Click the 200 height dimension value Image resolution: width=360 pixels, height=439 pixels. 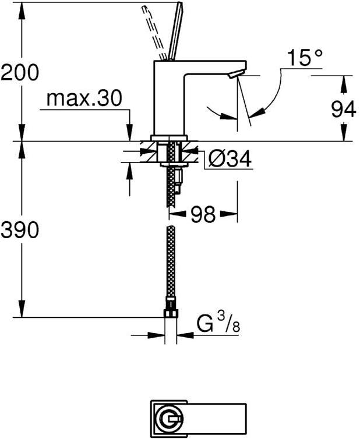tap(20, 72)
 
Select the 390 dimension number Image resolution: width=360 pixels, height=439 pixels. tap(20, 231)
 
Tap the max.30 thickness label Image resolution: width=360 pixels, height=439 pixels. tap(84, 98)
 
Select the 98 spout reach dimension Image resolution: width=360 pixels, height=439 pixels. tap(202, 215)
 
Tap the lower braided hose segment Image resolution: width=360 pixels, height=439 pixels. tap(171, 262)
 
